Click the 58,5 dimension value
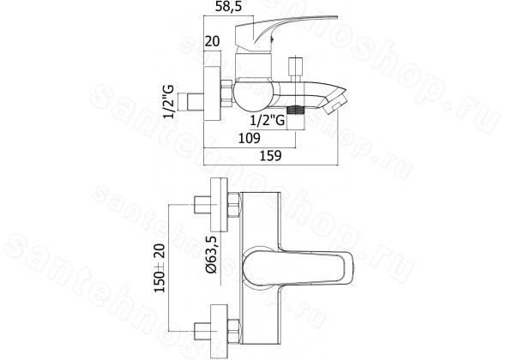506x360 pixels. (228, 7)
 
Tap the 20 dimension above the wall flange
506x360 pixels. (212, 41)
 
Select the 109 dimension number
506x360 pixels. (249, 138)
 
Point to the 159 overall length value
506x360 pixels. (271, 155)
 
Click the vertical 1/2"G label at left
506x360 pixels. (169, 102)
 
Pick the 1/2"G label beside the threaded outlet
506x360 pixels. (268, 120)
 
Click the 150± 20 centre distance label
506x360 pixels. (160, 268)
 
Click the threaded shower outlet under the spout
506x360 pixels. (296, 110)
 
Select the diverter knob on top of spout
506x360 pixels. (296, 69)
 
